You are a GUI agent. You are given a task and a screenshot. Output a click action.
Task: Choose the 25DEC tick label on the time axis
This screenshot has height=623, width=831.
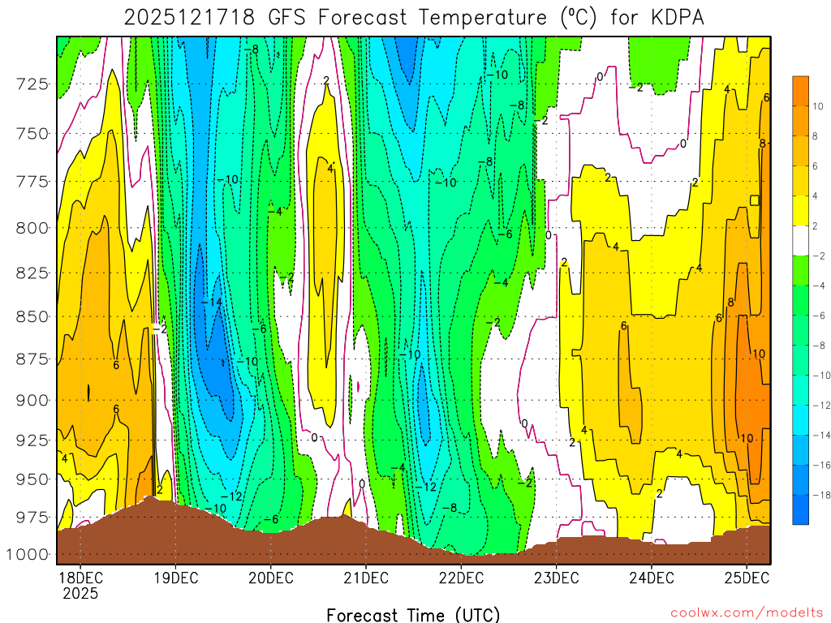pos(747,578)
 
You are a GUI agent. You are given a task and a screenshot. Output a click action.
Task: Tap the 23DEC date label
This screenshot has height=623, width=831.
pos(556,578)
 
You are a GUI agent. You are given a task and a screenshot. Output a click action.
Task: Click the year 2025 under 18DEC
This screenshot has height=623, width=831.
pos(80,593)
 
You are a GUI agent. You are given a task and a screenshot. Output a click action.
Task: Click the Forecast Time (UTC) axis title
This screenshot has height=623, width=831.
pos(413,614)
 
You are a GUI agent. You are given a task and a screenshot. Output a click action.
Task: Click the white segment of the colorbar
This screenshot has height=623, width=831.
pos(800,241)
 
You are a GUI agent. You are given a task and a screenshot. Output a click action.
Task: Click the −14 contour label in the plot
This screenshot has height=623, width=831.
pos(211,302)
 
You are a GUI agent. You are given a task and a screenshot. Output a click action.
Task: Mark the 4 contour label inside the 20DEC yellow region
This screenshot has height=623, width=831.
pos(330,169)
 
